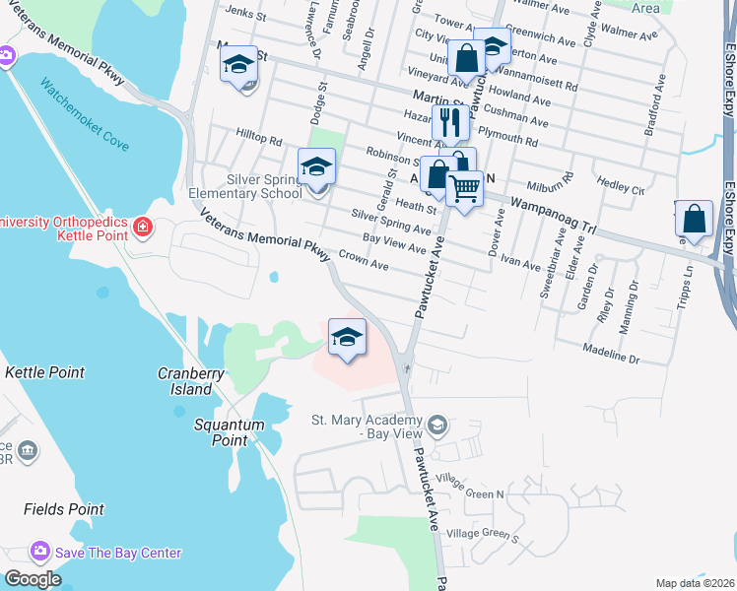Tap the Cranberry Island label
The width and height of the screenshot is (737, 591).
pos(184,381)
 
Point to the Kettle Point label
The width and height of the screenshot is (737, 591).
pos(44,372)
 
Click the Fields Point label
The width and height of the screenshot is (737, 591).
pos(64,509)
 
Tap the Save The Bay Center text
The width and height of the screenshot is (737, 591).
pos(118,553)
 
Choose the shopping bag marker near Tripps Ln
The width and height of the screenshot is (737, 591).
pos(695,219)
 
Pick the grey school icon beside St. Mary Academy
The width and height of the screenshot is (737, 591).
pos(437,426)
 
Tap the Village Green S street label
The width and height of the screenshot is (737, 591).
pos(482,535)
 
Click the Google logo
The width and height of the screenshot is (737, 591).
pos(33,578)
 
